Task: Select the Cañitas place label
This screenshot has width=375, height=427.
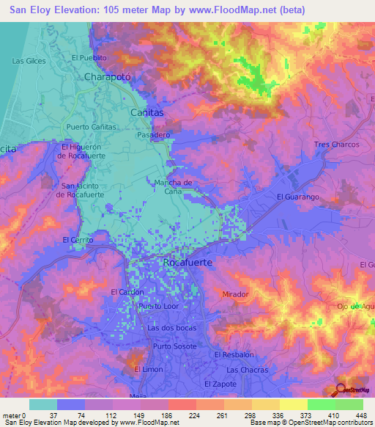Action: point(146,112)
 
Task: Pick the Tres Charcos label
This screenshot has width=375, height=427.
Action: point(336,145)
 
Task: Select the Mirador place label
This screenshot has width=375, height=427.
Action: point(235,293)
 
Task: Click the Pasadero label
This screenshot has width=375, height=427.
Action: point(154,136)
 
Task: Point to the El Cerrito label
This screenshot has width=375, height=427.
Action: point(78,240)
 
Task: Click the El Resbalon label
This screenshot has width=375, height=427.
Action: point(234,354)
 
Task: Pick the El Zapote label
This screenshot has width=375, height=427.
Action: point(219,384)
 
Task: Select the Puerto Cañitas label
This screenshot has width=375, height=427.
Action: point(91,127)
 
